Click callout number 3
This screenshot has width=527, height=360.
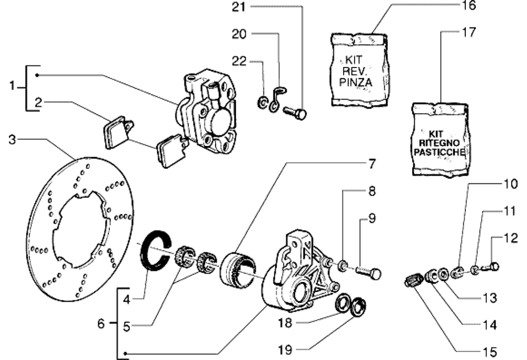[13, 140]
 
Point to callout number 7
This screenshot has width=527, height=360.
[372, 164]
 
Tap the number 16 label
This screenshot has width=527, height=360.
[469, 6]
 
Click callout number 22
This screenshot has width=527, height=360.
[239, 62]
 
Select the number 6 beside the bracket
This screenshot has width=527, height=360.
[101, 323]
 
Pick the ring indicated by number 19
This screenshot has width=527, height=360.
[359, 307]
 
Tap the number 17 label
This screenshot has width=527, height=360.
[469, 32]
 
